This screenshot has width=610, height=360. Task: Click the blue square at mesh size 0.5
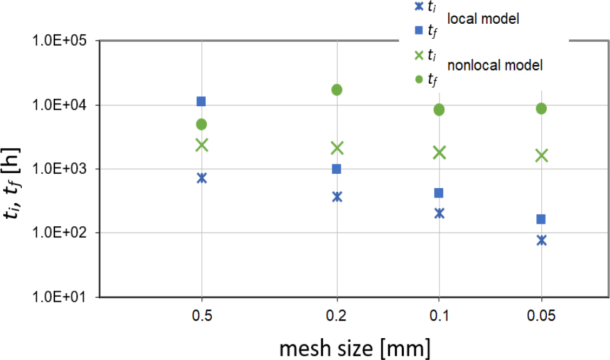(x=201, y=101)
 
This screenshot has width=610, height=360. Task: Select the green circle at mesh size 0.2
(x=337, y=89)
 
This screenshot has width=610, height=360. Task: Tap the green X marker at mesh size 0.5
(x=201, y=145)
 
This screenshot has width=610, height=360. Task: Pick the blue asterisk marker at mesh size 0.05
(x=541, y=240)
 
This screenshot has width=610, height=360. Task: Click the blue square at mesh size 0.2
(x=337, y=169)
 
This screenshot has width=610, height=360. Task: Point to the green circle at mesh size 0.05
(x=541, y=109)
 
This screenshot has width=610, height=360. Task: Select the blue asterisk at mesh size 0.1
(x=439, y=212)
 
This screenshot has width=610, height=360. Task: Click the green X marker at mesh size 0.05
(x=541, y=156)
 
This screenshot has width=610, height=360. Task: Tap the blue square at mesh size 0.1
(x=439, y=192)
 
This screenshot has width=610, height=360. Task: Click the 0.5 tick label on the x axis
(x=201, y=316)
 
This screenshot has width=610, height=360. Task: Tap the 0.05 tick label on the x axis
(x=541, y=316)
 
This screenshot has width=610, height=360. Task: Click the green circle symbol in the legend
(x=419, y=79)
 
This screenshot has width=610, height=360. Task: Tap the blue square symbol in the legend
(x=419, y=29)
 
